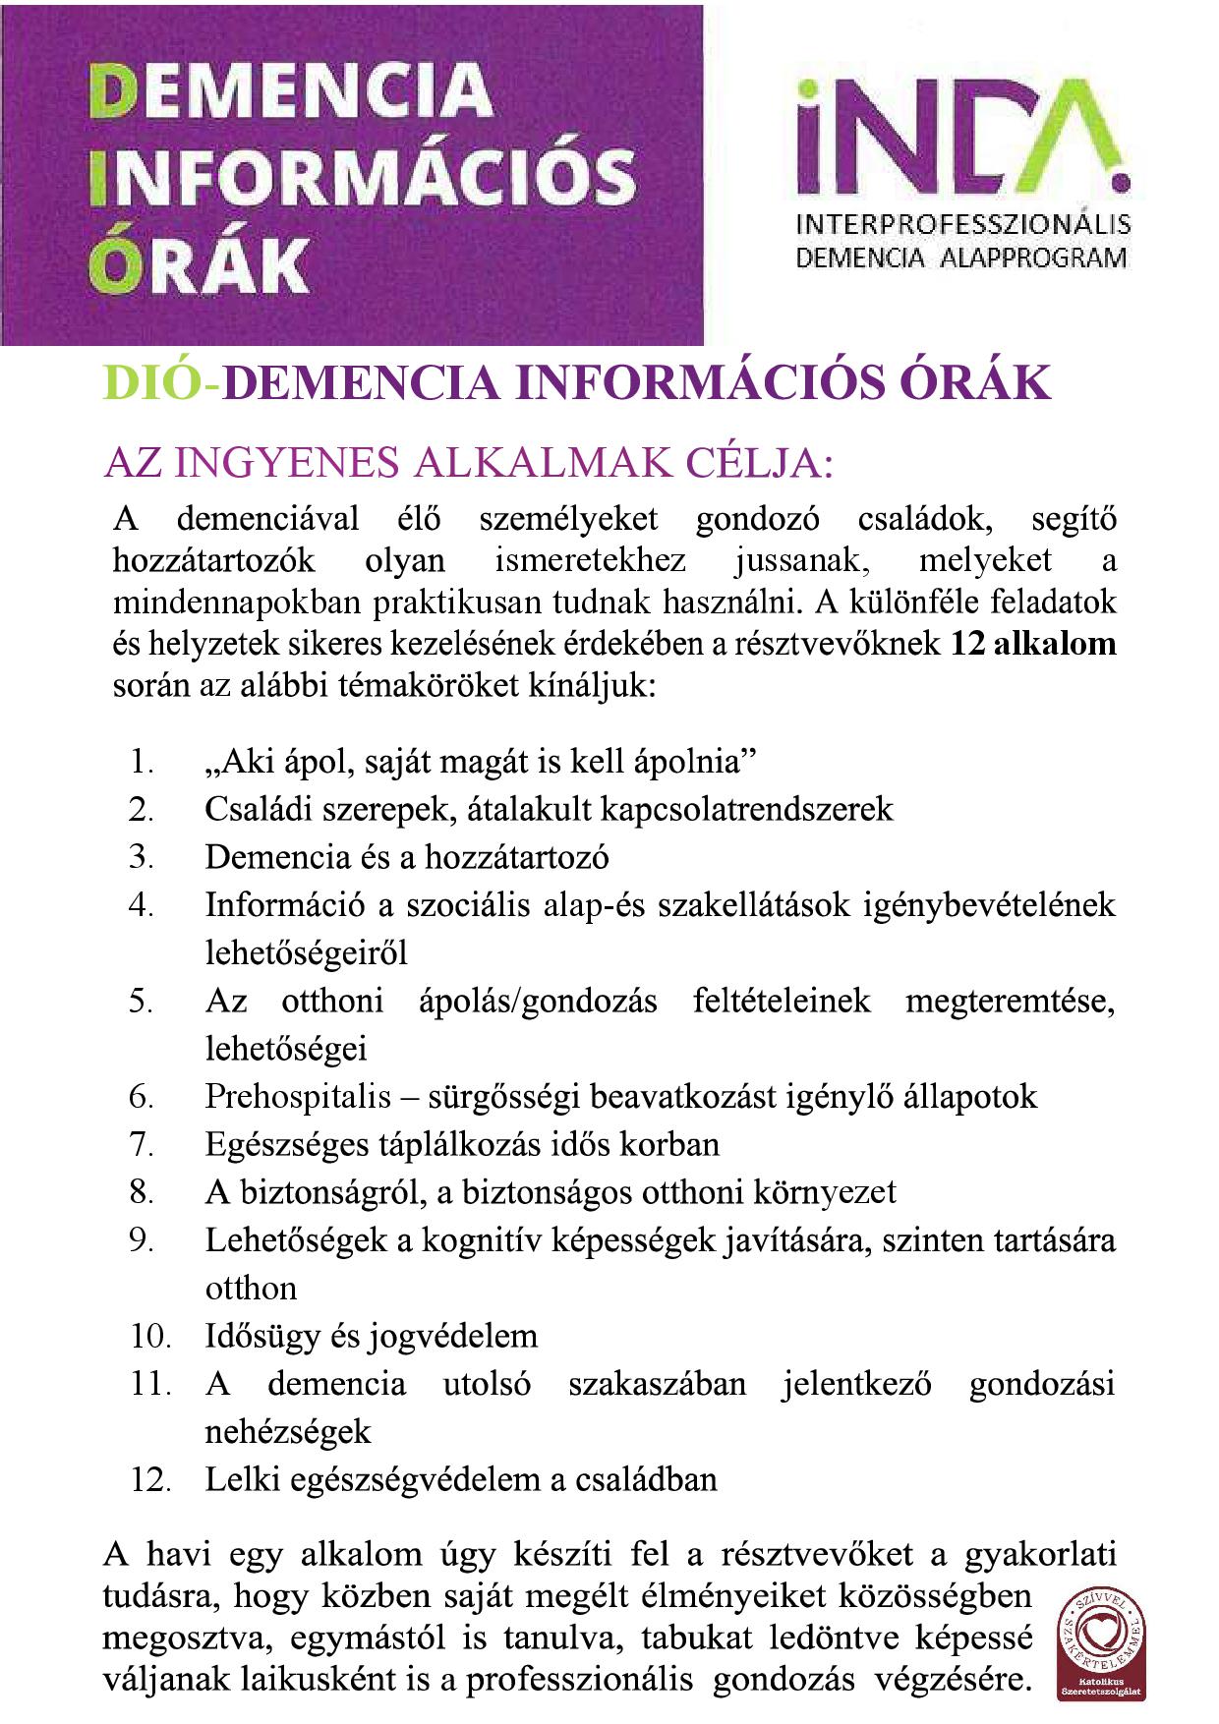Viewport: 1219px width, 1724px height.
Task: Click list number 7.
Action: pos(142,1144)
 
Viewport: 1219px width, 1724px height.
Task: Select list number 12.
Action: pos(150,1479)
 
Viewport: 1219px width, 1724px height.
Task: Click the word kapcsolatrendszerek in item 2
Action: pos(746,809)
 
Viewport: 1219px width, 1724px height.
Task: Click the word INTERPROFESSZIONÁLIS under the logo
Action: pos(962,225)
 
